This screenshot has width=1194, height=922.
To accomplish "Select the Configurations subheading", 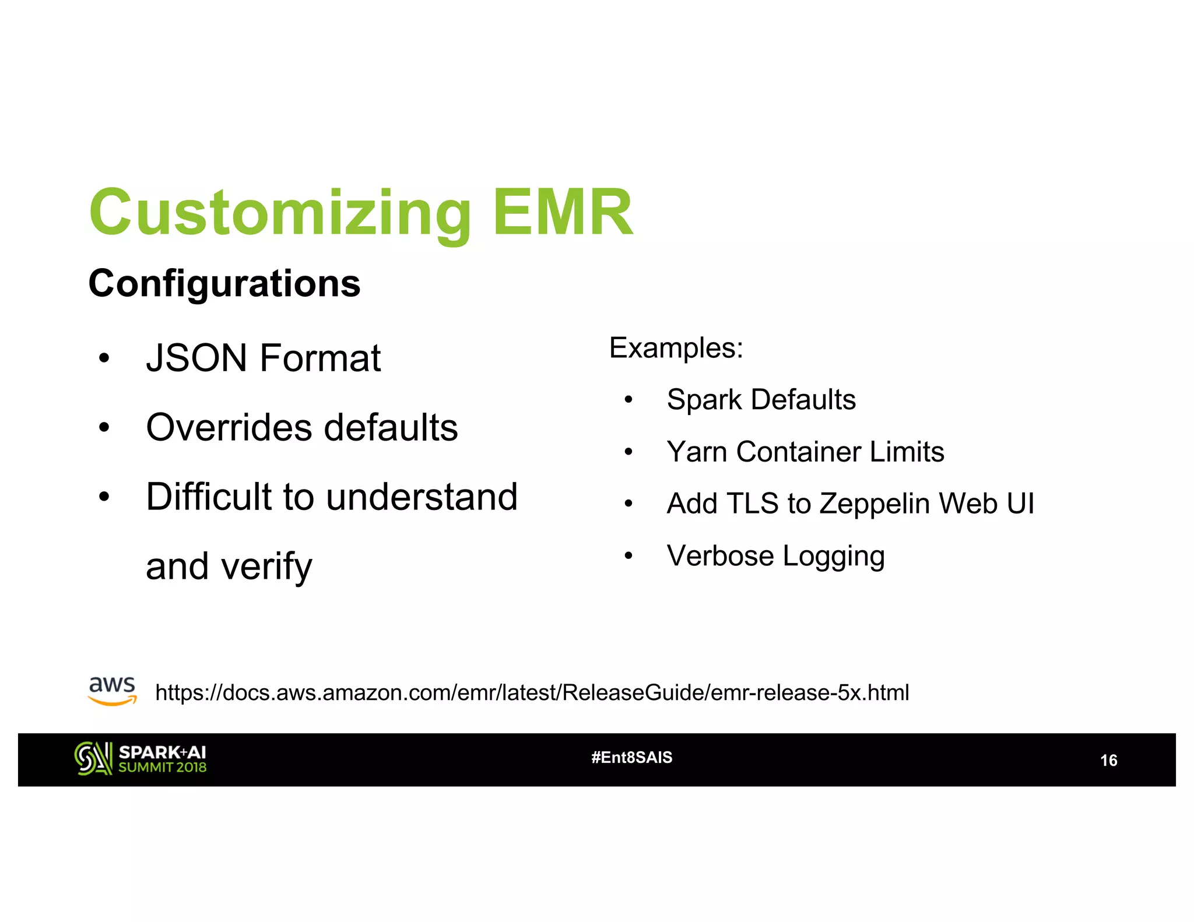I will coord(224,284).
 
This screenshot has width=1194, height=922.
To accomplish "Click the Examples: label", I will coord(676,349).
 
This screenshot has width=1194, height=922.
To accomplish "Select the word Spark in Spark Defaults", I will coord(704,400).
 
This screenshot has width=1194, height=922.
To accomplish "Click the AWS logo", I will coord(112,691).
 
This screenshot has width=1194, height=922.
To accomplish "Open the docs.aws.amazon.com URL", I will coord(532,692).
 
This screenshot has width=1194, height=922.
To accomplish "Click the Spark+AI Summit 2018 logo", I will coord(140,759).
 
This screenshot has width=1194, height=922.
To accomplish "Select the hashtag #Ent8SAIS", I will coord(631,758).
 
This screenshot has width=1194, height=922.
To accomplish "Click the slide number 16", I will coord(1108,761).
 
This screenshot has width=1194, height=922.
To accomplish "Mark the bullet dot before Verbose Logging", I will coord(628,556).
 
